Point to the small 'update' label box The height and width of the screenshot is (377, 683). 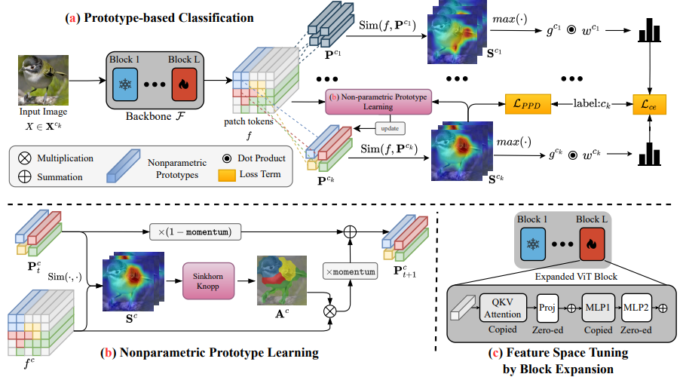pos(399,129)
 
